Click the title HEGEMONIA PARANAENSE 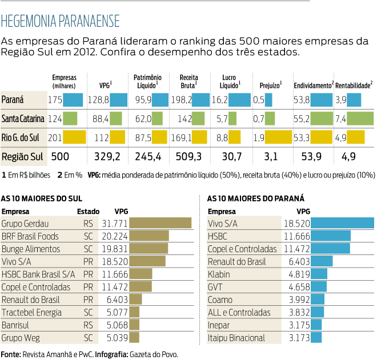[61, 22]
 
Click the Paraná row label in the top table [13, 100]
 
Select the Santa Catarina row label [23, 119]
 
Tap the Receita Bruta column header [188, 81]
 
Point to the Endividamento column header [313, 85]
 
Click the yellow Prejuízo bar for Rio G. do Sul [279, 137]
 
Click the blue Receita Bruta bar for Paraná [201, 100]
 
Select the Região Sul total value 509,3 [190, 156]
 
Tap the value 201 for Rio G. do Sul [55, 137]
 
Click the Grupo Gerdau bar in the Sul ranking [161, 223]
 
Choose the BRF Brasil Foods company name [30, 236]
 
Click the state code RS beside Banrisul [88, 325]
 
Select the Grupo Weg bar [134, 338]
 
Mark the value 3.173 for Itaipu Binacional [297, 338]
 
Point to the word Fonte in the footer [10, 354]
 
